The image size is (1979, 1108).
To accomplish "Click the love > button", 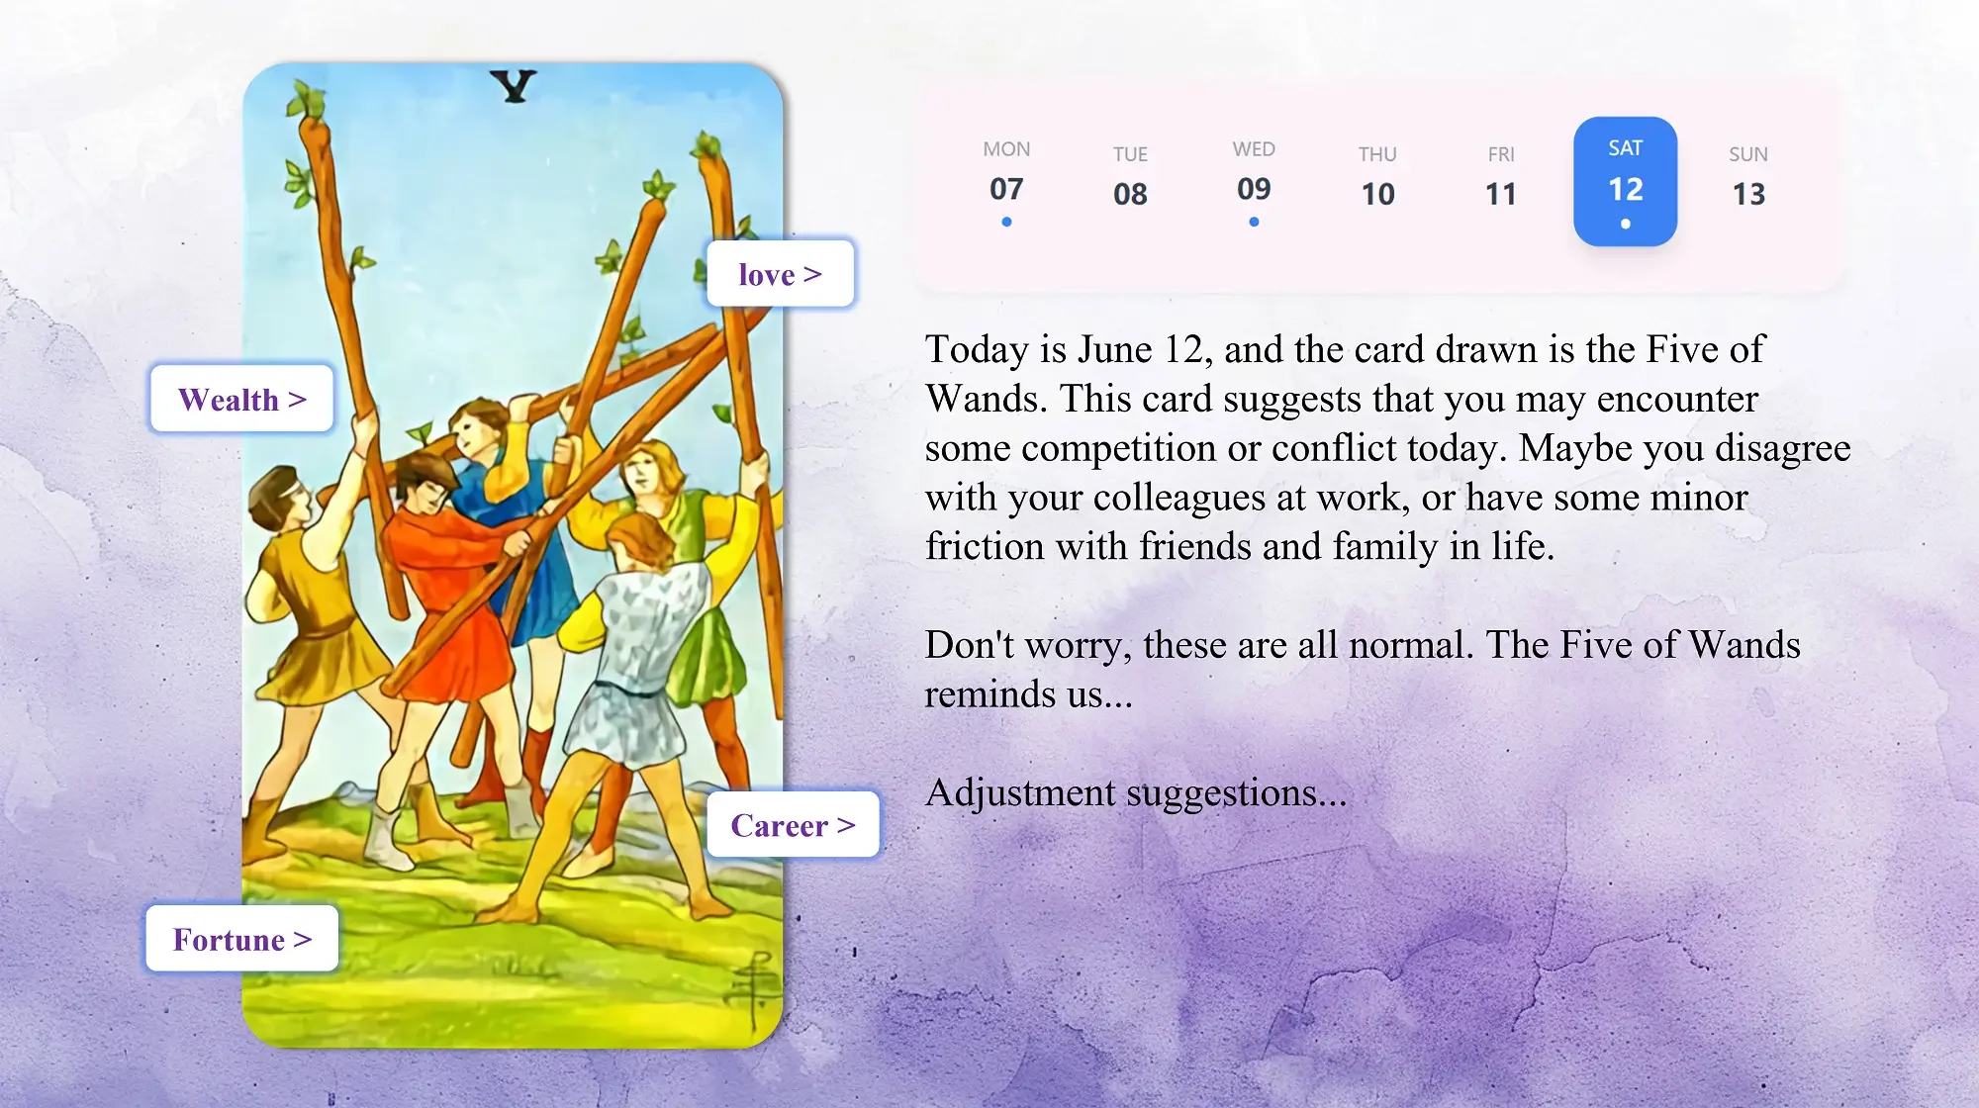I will tap(780, 274).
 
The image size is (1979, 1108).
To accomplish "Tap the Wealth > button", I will tap(241, 399).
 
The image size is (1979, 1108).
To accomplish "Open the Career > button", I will tap(793, 825).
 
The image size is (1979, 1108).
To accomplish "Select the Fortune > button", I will tap(242, 939).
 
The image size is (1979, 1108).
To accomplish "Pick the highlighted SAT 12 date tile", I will tap(1625, 182).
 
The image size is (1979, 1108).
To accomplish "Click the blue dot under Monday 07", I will tap(1006, 223).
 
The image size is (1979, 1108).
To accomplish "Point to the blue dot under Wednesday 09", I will tap(1254, 223).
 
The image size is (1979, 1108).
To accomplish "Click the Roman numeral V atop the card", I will tap(514, 87).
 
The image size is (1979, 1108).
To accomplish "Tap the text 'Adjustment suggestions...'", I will tap(1135, 793).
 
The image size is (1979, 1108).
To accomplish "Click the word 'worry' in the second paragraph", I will tap(1078, 646).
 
